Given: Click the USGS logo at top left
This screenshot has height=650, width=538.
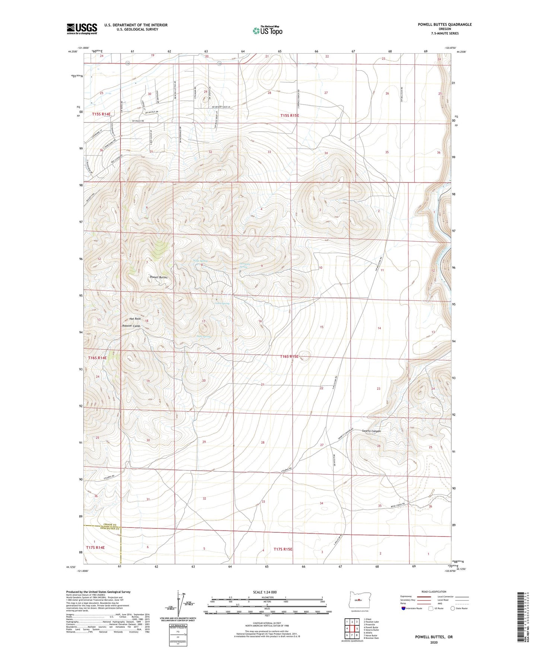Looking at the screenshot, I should click(82, 29).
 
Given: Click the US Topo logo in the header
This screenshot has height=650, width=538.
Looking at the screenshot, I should click(267, 31).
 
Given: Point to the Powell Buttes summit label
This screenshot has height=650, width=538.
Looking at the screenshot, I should click(158, 277).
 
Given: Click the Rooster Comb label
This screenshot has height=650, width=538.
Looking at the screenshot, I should click(131, 326).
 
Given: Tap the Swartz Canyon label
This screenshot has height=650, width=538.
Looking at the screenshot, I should click(371, 431).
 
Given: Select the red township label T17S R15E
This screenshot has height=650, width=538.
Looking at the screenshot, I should click(283, 549).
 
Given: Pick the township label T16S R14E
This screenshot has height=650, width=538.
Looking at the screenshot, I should click(97, 358).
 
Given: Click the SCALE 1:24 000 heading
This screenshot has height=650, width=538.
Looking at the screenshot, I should click(267, 592).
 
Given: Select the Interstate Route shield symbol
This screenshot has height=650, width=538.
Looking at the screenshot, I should click(404, 608).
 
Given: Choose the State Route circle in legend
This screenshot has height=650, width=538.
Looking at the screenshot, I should click(453, 608).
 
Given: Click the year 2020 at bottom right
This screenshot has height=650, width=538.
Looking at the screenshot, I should click(433, 642).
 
